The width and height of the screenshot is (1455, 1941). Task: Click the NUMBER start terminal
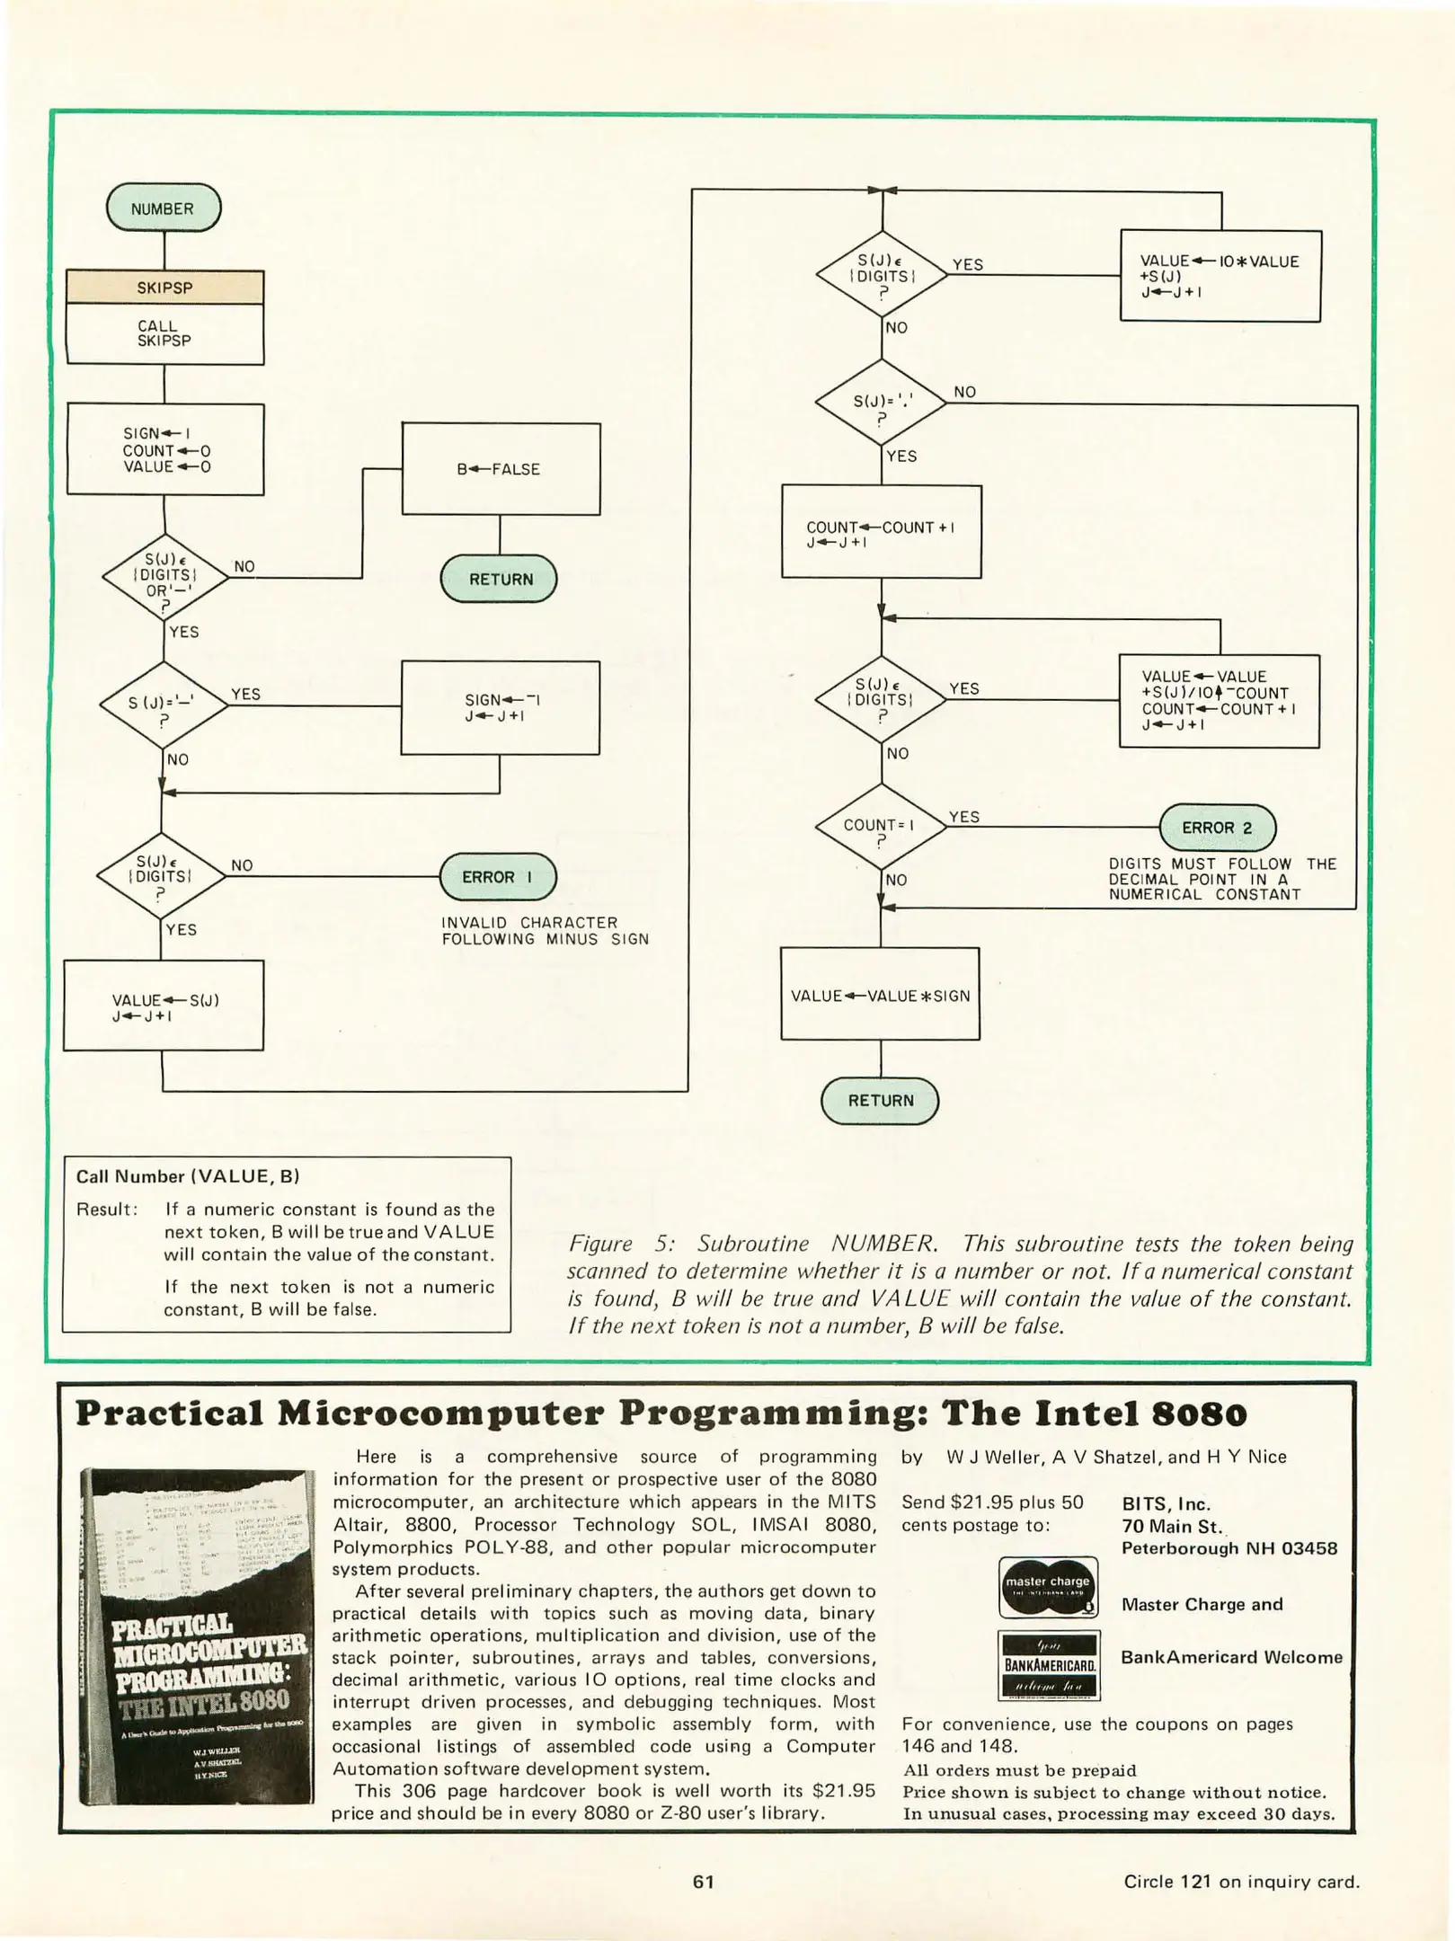(x=163, y=208)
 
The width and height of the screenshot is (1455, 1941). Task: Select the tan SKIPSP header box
(x=164, y=288)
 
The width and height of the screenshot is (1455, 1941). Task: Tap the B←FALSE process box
(x=500, y=469)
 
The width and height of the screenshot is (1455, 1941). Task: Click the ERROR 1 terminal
(x=497, y=877)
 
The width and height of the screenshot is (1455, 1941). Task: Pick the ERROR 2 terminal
(x=1217, y=828)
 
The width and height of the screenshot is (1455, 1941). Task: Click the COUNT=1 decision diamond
(x=880, y=826)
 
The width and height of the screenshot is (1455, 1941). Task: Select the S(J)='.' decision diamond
(x=880, y=403)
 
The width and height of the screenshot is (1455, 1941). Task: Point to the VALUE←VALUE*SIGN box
(x=880, y=995)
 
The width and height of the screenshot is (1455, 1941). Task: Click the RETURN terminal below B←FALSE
(x=499, y=580)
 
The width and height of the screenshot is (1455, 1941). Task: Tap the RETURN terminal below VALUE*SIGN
(x=880, y=1101)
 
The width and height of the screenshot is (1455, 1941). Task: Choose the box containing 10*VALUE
(x=1220, y=276)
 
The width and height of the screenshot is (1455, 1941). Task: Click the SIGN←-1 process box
(x=500, y=707)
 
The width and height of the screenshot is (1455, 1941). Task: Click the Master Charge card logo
(x=1048, y=1588)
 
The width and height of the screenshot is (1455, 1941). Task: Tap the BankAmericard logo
(x=1049, y=1664)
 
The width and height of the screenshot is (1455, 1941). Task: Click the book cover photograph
(x=197, y=1638)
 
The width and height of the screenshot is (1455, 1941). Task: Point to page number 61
(x=703, y=1882)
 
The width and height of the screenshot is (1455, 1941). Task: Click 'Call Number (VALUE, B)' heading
(x=187, y=1176)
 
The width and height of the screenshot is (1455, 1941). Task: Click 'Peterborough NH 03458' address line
(x=1229, y=1548)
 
